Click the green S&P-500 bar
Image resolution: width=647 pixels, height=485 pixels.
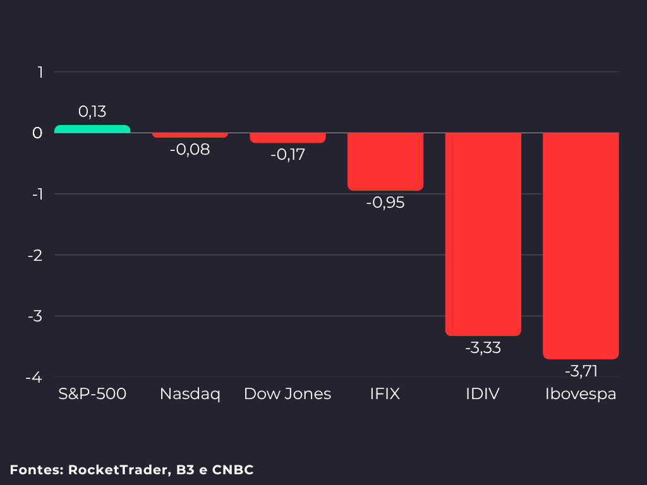tap(92, 129)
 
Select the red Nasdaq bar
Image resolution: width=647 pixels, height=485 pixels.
tap(190, 135)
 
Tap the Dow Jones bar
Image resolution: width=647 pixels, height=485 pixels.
tap(287, 138)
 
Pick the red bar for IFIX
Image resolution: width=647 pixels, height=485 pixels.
tap(385, 162)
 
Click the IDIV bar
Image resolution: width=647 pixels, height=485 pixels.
tap(483, 234)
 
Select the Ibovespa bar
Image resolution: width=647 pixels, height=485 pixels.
tap(581, 246)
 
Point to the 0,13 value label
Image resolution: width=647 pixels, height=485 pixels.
tap(92, 111)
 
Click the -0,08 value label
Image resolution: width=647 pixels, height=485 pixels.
tap(190, 149)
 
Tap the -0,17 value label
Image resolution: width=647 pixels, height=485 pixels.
tap(287, 155)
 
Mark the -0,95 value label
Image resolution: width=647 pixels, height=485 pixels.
tap(385, 203)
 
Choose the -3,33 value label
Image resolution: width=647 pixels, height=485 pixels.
tap(483, 348)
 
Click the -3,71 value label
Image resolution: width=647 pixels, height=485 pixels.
tap(581, 371)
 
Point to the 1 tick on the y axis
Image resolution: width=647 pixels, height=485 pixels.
tap(40, 72)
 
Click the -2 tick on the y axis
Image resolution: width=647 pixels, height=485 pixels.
tap(35, 256)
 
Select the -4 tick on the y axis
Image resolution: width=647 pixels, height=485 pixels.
tap(34, 378)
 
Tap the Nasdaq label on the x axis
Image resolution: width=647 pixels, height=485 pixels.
tap(190, 394)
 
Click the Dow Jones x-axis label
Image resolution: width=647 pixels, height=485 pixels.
tap(287, 394)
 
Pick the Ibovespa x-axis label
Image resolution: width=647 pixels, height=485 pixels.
tap(581, 394)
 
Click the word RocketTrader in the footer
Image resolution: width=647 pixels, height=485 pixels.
tap(118, 470)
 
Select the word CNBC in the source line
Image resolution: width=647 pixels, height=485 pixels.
tap(233, 470)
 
